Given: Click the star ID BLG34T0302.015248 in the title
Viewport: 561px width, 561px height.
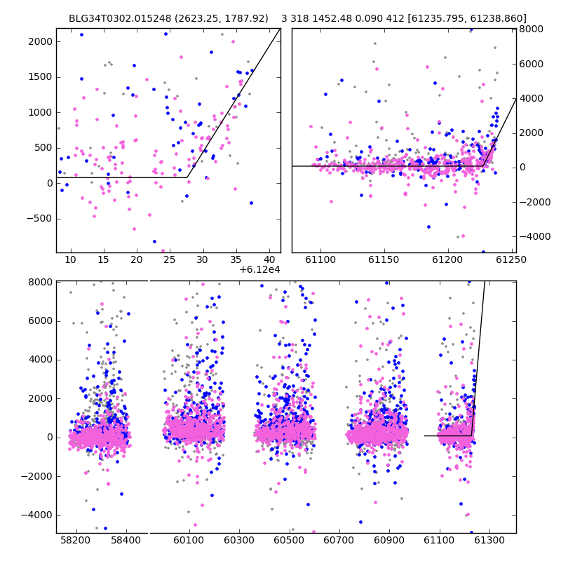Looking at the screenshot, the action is (x=120, y=18).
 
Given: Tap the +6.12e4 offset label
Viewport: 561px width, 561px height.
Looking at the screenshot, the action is (x=259, y=269).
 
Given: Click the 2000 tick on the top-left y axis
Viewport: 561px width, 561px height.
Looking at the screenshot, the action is (x=41, y=42).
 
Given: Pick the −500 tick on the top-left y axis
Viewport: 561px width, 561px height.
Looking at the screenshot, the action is (x=39, y=219).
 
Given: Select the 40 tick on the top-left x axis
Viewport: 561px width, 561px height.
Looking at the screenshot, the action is (x=269, y=259).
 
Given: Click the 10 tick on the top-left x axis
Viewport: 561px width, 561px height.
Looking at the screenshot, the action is (x=71, y=259).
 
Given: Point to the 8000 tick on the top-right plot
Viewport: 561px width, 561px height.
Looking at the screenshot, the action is (x=532, y=29).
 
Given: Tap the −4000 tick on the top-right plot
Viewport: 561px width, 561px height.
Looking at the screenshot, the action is (x=535, y=236).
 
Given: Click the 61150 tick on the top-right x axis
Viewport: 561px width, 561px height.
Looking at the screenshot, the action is (x=384, y=259).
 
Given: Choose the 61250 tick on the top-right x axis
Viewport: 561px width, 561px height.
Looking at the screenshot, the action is (x=511, y=259).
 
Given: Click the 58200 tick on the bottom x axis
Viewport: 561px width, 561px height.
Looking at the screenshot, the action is (x=76, y=539).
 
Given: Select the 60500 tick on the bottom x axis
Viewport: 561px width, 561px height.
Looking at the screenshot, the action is (x=289, y=539).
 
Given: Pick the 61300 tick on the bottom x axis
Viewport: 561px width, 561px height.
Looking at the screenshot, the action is (x=489, y=539).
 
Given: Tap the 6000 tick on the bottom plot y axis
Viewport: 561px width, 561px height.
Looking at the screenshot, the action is (x=41, y=321).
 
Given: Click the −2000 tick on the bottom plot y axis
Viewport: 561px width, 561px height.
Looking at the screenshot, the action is (x=37, y=477).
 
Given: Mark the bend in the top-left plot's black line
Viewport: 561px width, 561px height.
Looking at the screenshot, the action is (x=187, y=177).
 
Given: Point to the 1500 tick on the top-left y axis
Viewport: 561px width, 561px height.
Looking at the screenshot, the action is (x=41, y=77).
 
